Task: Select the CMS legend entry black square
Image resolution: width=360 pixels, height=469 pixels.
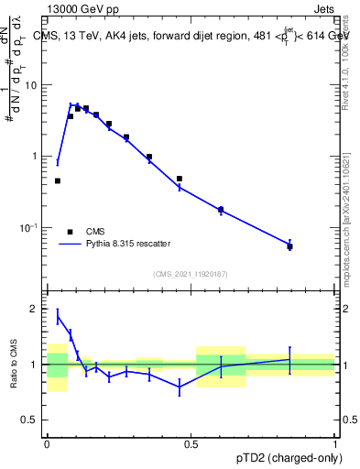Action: [70, 232]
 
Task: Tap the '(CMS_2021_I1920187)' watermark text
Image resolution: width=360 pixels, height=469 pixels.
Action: [191, 274]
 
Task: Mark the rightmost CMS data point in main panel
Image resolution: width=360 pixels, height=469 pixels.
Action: [289, 246]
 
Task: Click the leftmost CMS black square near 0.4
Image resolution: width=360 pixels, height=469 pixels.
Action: [57, 181]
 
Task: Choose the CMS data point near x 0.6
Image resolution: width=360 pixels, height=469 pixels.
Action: [221, 210]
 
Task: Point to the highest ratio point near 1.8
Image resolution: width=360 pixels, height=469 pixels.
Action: [58, 318]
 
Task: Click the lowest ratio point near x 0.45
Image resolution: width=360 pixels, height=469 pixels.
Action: [180, 387]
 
